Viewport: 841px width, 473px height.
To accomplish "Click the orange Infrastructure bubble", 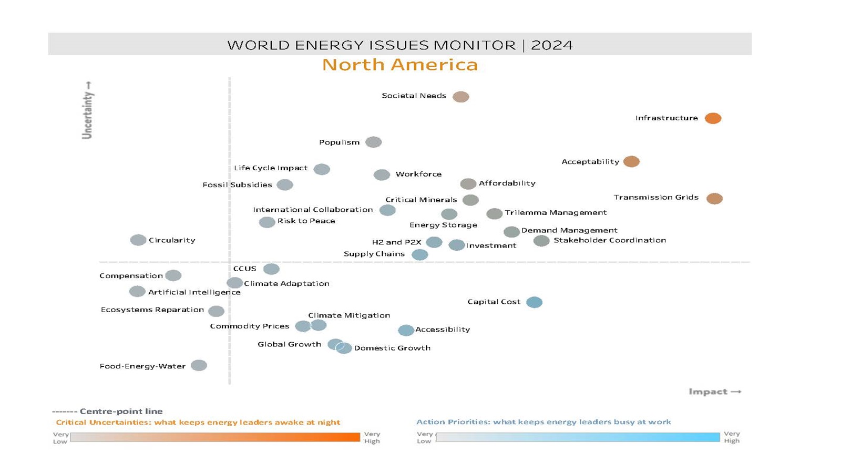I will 713,118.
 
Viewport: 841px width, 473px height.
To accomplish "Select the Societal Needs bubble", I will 460,97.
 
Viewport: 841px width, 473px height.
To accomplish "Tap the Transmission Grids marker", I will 714,198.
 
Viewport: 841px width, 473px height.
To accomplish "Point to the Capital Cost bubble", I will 534,302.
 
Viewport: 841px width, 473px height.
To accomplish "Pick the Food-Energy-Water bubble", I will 199,365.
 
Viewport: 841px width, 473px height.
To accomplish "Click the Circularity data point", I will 138,240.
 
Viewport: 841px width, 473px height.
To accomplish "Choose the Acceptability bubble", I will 631,161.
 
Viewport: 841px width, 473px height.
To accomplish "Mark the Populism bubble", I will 373,142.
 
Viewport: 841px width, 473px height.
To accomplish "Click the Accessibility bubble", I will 406,330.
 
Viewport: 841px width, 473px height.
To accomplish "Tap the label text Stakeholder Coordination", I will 609,240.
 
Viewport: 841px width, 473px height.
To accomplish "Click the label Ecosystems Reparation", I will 152,310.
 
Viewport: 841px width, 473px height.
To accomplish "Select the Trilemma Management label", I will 556,213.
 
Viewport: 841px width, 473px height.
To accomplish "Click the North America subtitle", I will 399,65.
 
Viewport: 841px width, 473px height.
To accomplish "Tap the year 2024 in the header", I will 551,45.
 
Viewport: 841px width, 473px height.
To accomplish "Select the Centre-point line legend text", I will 121,411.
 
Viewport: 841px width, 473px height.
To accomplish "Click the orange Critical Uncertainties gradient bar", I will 215,437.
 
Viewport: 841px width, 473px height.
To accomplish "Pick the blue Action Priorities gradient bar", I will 578,437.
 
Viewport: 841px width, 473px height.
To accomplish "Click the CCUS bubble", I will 271,269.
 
